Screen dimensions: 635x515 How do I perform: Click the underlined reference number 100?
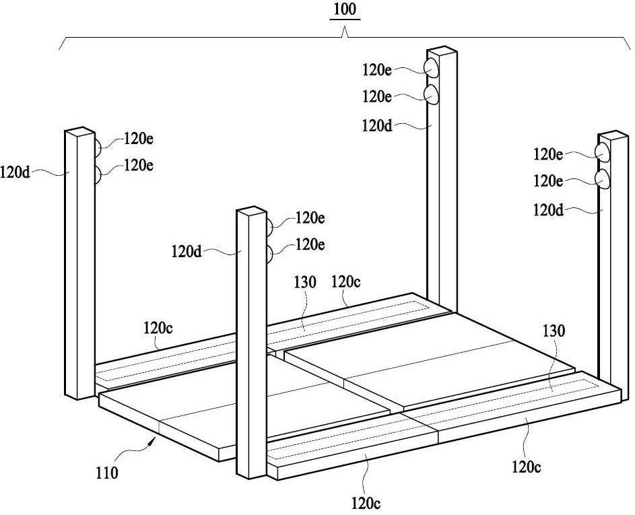click(x=345, y=9)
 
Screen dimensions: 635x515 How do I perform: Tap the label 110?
click(x=107, y=473)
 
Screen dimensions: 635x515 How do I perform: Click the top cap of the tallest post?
click(x=442, y=50)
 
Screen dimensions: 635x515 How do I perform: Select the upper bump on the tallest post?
click(x=430, y=67)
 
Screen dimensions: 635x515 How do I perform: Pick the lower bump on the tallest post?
click(x=431, y=94)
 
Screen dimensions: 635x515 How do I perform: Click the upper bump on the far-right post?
click(x=602, y=152)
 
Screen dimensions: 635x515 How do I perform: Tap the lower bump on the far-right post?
click(x=602, y=178)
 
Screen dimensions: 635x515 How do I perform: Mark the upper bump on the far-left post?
click(x=98, y=147)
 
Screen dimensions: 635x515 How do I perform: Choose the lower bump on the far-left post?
click(x=98, y=174)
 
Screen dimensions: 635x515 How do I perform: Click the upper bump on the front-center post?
click(x=269, y=227)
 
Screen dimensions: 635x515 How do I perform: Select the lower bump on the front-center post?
click(x=269, y=253)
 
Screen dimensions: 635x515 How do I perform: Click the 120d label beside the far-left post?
click(x=15, y=173)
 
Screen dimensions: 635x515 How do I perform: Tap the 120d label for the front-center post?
click(x=187, y=252)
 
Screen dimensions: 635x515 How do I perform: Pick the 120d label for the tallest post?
click(x=377, y=126)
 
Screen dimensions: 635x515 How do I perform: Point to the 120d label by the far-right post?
click(x=548, y=210)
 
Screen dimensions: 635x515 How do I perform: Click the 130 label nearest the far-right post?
click(x=554, y=331)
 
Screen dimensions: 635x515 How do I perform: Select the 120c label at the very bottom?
click(x=366, y=504)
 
